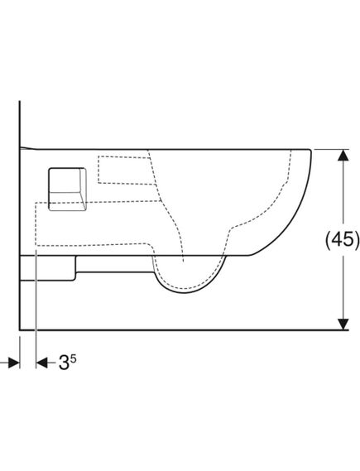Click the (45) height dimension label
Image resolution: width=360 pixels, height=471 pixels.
click(343, 240)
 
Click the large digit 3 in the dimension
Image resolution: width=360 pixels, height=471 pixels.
click(64, 363)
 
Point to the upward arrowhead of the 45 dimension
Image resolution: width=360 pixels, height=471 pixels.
click(343, 155)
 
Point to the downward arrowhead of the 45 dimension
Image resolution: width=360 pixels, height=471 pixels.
click(343, 324)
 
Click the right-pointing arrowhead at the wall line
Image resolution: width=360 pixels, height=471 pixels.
click(14, 363)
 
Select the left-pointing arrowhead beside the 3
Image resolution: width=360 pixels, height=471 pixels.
click(41, 363)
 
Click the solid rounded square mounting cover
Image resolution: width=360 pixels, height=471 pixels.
click(67, 190)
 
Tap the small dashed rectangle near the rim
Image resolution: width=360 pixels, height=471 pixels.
click(126, 170)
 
